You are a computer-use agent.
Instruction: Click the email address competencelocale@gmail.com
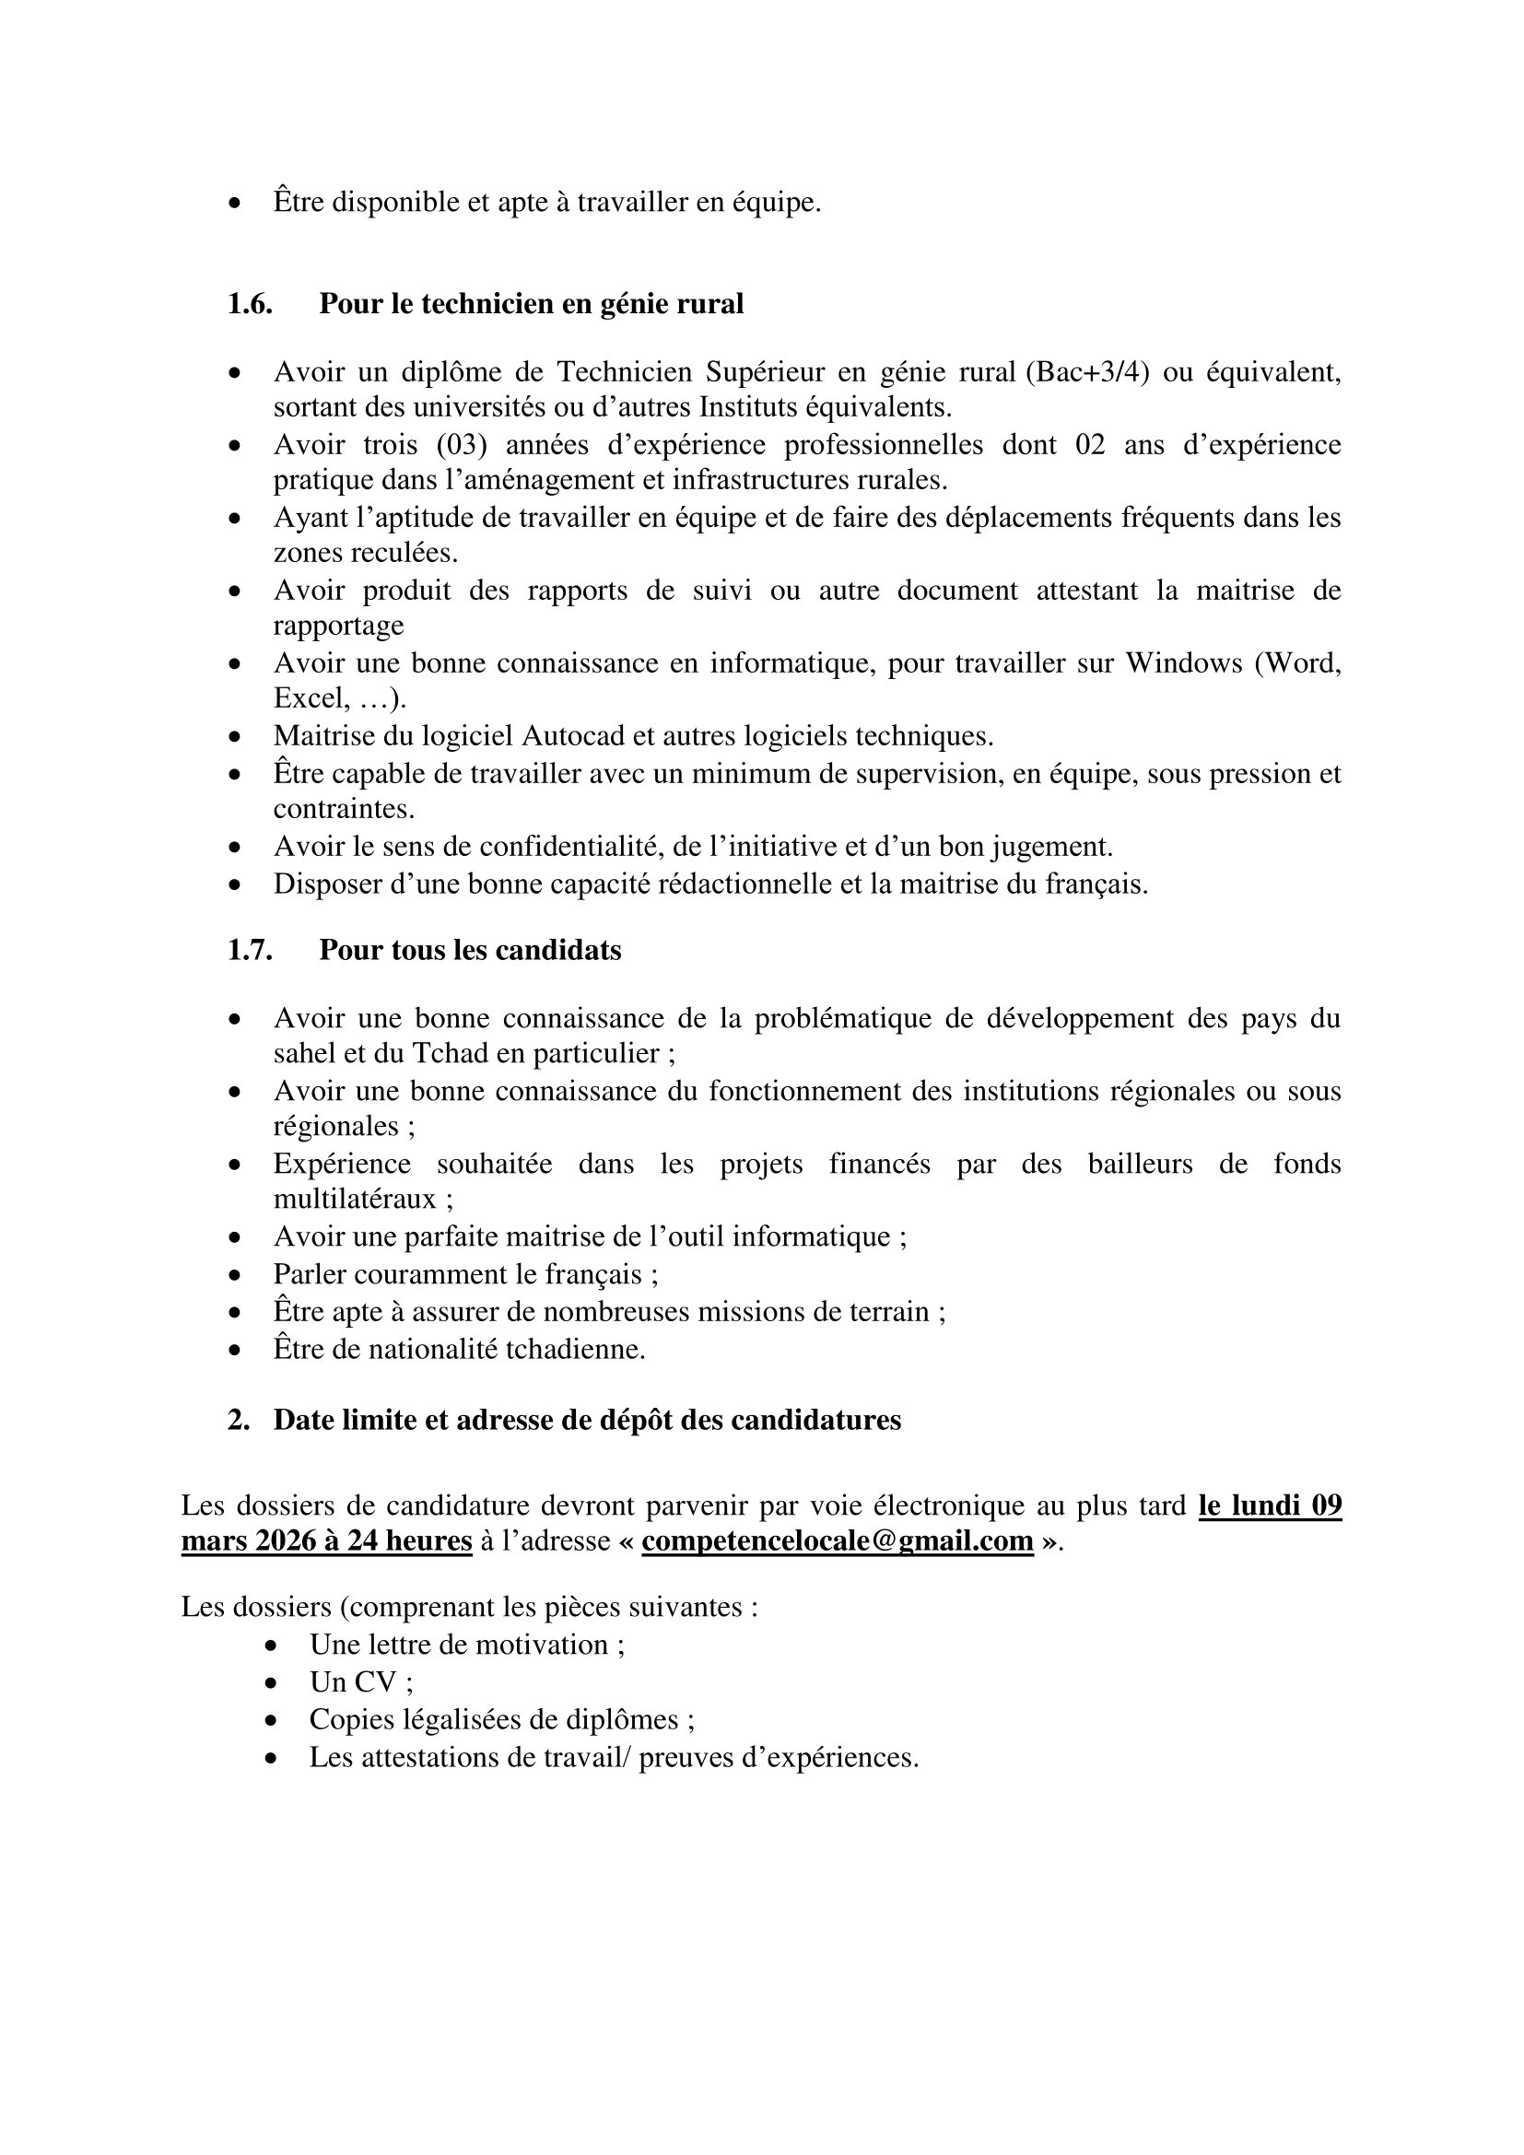[x=837, y=1541]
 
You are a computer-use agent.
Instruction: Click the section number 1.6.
[x=250, y=304]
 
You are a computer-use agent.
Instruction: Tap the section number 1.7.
[x=250, y=950]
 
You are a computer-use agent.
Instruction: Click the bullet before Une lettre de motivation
[x=271, y=1646]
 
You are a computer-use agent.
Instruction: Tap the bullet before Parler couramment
[x=235, y=1275]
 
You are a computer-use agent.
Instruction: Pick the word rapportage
[x=339, y=626]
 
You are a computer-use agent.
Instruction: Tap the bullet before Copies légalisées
[x=271, y=1720]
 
